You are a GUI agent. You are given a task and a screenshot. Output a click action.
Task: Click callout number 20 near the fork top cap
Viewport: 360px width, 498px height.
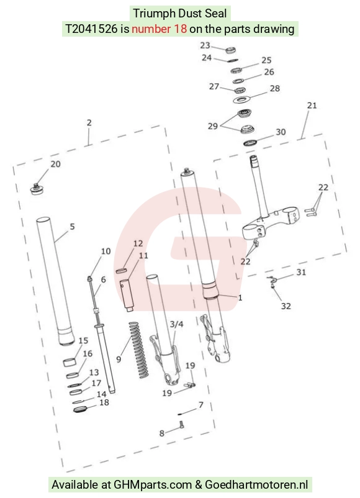tap(56, 164)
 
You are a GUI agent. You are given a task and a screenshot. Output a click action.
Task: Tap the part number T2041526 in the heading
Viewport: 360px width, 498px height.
tap(91, 29)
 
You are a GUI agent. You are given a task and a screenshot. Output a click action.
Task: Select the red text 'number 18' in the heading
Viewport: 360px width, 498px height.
tap(159, 29)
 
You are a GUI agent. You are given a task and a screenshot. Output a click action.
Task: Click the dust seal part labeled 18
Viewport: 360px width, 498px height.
tap(79, 409)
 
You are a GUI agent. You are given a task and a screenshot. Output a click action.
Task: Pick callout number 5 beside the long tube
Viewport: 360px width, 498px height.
tap(73, 227)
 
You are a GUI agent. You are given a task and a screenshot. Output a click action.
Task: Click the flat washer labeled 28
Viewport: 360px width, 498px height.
tap(242, 101)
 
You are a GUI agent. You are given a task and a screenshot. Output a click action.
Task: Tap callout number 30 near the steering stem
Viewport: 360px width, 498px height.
tap(281, 132)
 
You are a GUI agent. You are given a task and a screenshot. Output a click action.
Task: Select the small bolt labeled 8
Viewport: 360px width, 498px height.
tap(182, 425)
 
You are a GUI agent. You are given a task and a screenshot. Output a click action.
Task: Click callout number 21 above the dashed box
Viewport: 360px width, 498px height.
tap(312, 106)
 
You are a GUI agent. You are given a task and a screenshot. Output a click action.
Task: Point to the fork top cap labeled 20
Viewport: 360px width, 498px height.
tap(37, 189)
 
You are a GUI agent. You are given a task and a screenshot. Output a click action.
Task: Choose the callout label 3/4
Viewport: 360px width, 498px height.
tap(176, 324)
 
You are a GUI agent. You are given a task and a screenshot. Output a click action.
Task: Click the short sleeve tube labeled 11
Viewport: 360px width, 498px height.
tap(127, 295)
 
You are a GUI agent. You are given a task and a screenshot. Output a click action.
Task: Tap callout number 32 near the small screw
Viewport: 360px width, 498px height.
tap(286, 306)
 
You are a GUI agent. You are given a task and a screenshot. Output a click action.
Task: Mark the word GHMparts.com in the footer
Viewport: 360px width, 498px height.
tap(153, 485)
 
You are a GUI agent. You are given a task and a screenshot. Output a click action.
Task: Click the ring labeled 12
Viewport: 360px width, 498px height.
tap(122, 271)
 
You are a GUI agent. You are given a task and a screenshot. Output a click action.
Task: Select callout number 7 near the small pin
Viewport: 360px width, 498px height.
tap(200, 405)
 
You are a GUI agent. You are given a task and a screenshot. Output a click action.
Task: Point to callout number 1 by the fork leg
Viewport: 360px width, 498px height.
tap(240, 297)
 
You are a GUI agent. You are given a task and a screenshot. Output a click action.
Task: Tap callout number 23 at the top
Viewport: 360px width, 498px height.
tap(205, 45)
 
